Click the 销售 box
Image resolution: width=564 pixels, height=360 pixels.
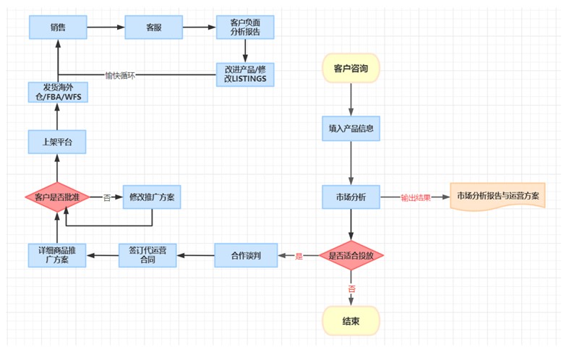coord(58,27)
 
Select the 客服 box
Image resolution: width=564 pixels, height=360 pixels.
coord(153,27)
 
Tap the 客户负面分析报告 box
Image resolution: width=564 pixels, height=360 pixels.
coord(246,27)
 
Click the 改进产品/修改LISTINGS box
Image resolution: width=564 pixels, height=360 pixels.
coord(246,74)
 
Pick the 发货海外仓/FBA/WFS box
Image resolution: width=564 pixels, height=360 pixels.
coord(58,95)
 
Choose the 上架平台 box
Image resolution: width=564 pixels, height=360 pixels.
coord(58,141)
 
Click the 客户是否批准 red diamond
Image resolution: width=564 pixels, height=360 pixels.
coord(57,197)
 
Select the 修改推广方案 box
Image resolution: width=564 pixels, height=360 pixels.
coord(151,197)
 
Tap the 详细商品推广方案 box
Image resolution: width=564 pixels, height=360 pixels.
coord(58,254)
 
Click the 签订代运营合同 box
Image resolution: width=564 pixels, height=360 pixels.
coord(148,254)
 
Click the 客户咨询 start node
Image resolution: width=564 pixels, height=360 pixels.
coord(351,69)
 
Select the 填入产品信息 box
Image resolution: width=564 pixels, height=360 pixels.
coord(351,128)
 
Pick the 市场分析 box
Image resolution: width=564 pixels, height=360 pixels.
coord(351,197)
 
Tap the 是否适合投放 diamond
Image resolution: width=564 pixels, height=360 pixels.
coord(351,255)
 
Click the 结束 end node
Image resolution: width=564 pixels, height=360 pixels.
coord(351,321)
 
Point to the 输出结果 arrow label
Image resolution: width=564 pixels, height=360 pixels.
coord(416,197)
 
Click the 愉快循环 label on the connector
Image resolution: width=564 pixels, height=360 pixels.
coord(120,74)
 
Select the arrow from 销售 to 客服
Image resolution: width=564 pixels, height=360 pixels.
coord(106,27)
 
